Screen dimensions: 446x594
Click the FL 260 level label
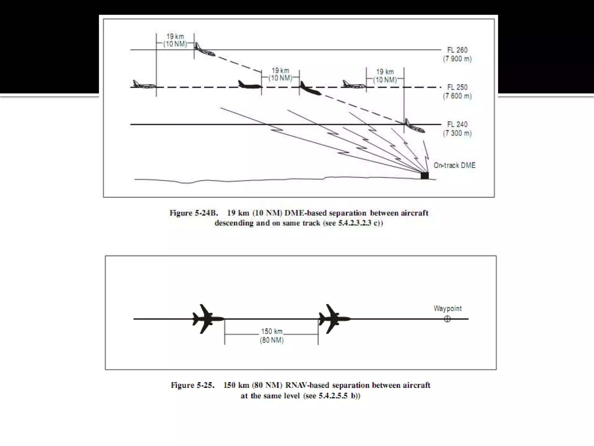click(457, 50)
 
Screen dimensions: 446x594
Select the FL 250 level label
click(457, 87)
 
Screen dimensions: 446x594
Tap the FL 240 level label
click(457, 125)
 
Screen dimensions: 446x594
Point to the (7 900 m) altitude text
click(457, 59)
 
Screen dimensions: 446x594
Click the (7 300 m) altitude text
click(457, 133)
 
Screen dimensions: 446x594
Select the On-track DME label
click(454, 166)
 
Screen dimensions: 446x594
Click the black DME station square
click(425, 175)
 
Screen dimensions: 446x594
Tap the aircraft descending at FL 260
click(205, 50)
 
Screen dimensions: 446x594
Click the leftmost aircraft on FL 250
click(144, 84)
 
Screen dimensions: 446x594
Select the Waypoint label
click(448, 309)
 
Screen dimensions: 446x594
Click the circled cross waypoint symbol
click(447, 319)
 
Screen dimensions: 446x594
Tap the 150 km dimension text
click(272, 332)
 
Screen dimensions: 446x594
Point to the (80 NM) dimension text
click(272, 340)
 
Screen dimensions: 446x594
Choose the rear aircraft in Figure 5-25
click(207, 319)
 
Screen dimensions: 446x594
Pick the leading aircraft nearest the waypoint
click(334, 319)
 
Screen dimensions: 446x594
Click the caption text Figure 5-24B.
click(193, 213)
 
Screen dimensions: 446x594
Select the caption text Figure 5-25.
click(193, 386)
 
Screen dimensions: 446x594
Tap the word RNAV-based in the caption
click(307, 386)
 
